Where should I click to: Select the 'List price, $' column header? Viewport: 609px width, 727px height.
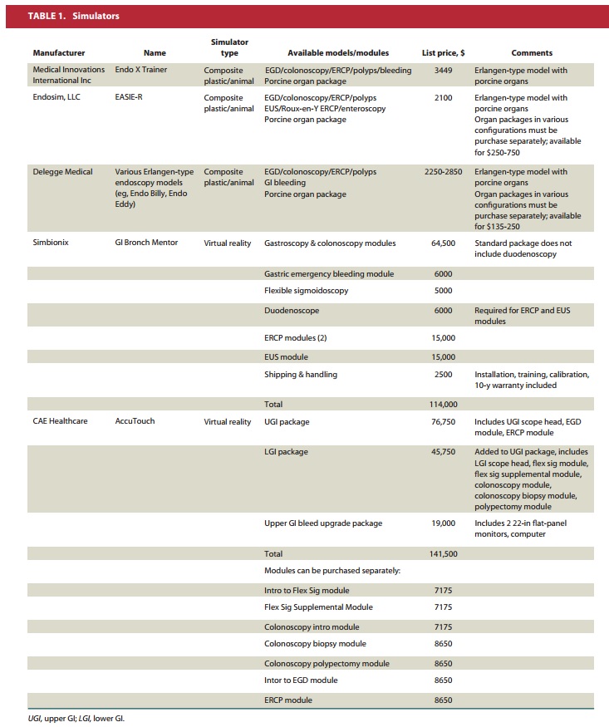click(x=443, y=53)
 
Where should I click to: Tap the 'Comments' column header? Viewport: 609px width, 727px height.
click(x=532, y=53)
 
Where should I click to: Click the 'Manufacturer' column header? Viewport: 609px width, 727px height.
click(x=59, y=53)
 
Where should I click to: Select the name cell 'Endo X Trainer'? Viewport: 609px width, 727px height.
click(x=141, y=71)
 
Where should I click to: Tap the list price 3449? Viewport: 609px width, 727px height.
click(x=443, y=71)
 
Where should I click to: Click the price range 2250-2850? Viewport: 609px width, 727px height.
click(x=443, y=172)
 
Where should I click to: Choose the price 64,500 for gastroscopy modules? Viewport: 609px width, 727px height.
click(x=443, y=243)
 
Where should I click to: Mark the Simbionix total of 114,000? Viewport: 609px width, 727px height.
click(x=443, y=405)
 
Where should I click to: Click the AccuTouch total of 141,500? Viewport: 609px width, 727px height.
click(x=443, y=553)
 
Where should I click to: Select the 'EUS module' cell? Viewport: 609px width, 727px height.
click(x=286, y=356)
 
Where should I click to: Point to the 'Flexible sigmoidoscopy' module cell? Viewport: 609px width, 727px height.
click(x=306, y=291)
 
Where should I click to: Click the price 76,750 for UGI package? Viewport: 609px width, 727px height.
click(x=443, y=421)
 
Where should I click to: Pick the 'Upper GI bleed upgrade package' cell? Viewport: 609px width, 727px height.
click(x=323, y=523)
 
